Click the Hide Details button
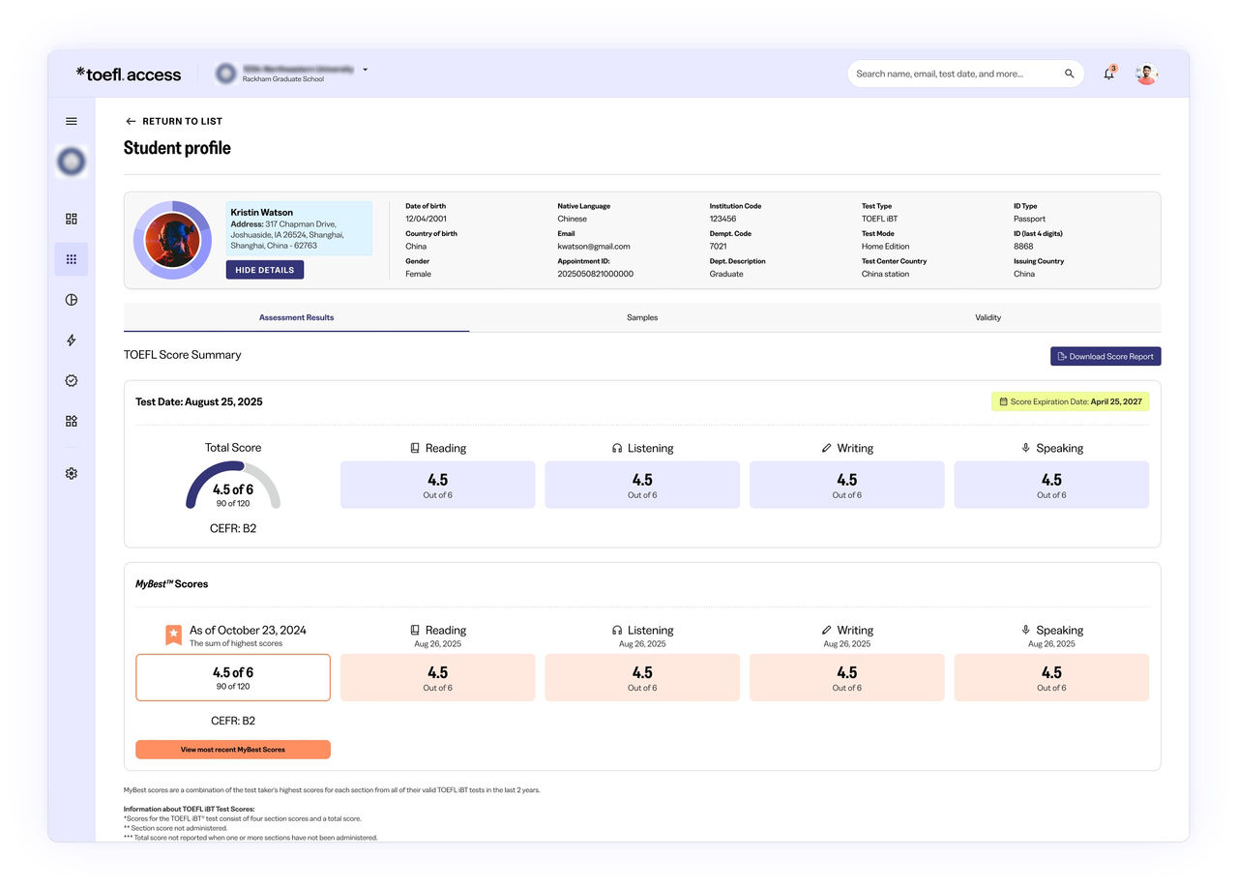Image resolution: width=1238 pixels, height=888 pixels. coord(264,270)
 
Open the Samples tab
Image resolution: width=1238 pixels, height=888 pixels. coord(641,317)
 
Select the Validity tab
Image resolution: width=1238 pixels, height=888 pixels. coord(987,317)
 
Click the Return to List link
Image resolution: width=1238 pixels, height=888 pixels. coord(174,121)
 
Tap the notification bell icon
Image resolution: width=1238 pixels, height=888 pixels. coord(1108,74)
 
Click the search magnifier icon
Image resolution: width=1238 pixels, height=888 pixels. coord(1069,74)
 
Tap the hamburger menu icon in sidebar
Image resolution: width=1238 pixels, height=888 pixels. coord(72,121)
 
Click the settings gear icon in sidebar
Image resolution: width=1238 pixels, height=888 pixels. coord(72,473)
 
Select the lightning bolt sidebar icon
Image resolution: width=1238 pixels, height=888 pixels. coord(72,340)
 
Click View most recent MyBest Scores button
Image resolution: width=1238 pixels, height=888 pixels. coord(233,750)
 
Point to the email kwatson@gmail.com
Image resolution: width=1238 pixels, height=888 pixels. coord(593,247)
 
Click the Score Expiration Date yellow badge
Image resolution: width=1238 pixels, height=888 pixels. coord(1071,401)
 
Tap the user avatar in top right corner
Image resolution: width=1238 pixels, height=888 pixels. coord(1146,74)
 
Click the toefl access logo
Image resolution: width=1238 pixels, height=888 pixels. coord(129,74)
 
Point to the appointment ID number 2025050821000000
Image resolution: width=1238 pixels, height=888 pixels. coord(595,274)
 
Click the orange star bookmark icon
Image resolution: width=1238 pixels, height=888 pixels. coord(173,635)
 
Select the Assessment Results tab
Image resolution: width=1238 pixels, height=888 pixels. coord(296,317)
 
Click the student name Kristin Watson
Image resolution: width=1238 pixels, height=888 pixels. coord(261,212)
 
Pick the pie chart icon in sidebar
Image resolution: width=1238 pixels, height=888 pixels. coord(72,300)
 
